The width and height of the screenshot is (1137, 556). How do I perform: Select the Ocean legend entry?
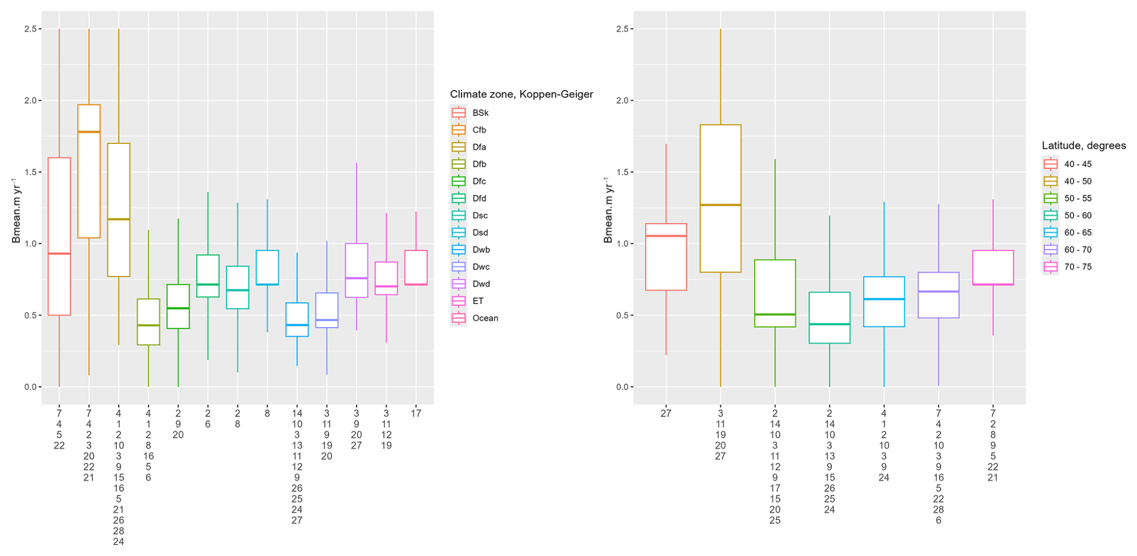click(485, 318)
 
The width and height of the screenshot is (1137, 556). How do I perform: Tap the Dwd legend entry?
click(480, 284)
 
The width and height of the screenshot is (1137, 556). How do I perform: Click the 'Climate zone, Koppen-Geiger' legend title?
click(521, 94)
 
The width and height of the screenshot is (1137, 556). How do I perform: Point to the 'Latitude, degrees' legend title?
click(1083, 146)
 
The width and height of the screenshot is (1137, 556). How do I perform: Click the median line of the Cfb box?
click(89, 132)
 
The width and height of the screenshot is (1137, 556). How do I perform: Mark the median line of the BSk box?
click(59, 253)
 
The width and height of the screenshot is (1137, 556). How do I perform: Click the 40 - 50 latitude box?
click(720, 198)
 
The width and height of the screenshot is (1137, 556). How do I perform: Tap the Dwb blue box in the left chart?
click(297, 320)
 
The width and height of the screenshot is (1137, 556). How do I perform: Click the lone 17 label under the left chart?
click(416, 414)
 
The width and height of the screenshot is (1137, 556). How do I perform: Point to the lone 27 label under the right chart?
click(666, 414)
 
